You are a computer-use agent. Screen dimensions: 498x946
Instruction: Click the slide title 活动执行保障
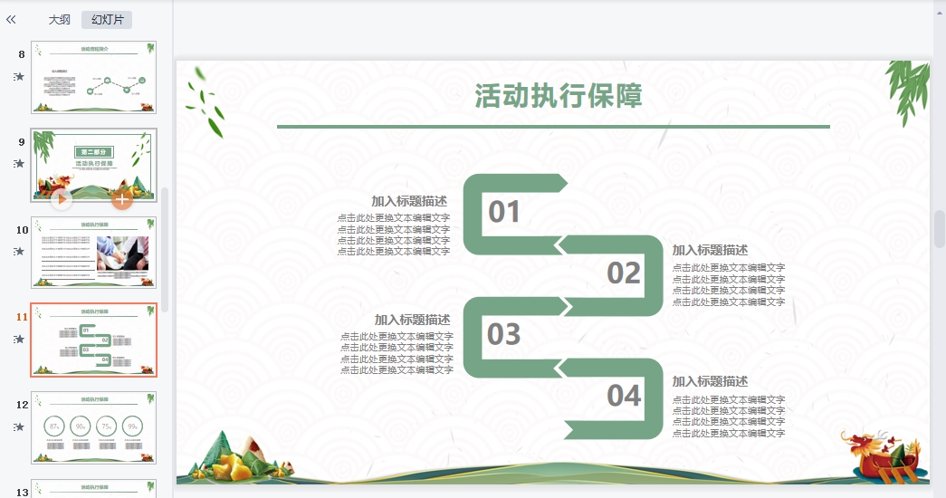click(559, 96)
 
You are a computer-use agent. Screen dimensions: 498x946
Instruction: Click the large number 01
click(504, 212)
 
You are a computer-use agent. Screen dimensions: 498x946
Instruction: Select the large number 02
click(624, 273)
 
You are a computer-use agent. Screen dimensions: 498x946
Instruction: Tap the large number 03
click(504, 334)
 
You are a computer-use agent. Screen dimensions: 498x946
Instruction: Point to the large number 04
click(624, 396)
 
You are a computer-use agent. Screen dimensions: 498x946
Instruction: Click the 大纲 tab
click(60, 19)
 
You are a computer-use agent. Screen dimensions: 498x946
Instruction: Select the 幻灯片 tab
click(107, 19)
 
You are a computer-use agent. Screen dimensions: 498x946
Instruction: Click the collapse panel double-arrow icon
click(11, 19)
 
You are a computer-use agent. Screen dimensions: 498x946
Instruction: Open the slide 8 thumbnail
click(93, 77)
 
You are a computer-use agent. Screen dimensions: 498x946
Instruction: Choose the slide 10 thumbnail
click(93, 252)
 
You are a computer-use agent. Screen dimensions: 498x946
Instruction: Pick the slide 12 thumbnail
click(93, 427)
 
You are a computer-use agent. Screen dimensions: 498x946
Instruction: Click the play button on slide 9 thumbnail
click(62, 198)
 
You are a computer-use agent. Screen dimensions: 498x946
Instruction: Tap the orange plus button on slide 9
click(122, 198)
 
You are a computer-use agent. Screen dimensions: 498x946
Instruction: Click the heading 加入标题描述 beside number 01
click(409, 201)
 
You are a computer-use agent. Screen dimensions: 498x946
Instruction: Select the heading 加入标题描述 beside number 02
click(710, 250)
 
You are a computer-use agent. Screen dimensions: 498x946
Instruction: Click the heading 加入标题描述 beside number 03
click(412, 320)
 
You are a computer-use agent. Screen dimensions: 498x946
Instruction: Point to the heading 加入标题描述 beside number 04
click(710, 381)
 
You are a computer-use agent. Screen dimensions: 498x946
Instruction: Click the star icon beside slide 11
click(19, 340)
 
